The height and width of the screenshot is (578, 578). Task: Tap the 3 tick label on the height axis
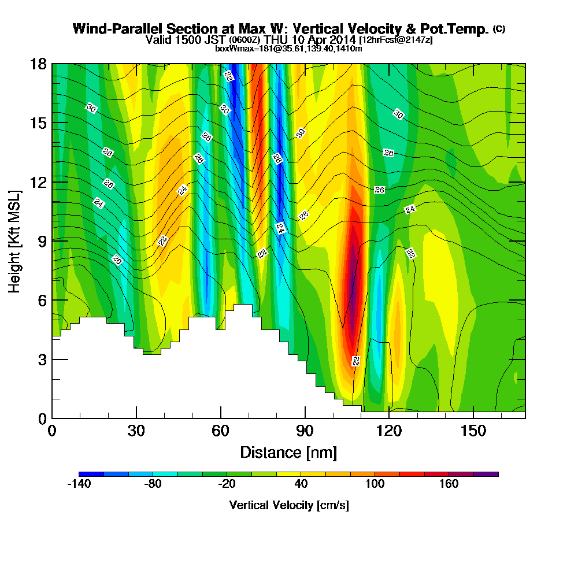[42, 359]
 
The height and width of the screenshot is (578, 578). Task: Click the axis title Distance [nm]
[288, 452]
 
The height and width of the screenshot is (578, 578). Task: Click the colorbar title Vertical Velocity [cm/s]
[289, 505]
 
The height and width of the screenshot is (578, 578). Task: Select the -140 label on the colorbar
[79, 484]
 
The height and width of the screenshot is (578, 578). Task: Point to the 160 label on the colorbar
[449, 484]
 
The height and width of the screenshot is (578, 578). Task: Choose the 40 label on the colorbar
[301, 484]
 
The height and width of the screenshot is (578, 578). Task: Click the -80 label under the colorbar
[153, 484]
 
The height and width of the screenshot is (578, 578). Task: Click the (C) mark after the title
[499, 29]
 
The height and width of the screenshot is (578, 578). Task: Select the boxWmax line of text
[288, 49]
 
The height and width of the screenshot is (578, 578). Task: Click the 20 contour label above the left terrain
[117, 260]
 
